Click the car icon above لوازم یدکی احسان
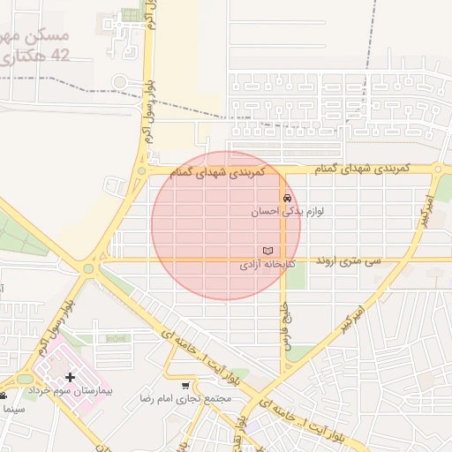[x=286, y=198]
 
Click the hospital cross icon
[x=70, y=378]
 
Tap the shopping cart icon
[x=185, y=386]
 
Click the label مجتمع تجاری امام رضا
[x=185, y=399]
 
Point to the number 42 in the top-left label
[x=60, y=56]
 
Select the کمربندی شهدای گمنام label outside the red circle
[x=363, y=168]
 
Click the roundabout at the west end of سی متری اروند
[x=89, y=268]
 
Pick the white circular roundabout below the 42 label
[x=119, y=83]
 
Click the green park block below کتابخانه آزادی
[x=297, y=276]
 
